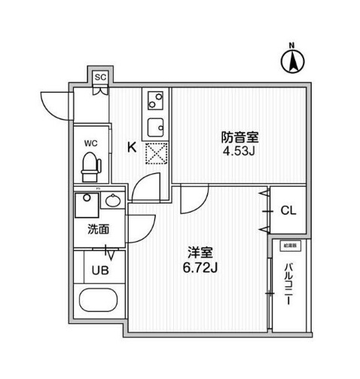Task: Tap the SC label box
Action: [99, 75]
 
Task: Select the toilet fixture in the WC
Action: [90, 165]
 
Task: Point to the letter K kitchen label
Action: [132, 148]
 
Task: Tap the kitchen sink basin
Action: [155, 125]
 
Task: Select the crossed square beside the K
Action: [154, 153]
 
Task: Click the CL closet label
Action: [288, 210]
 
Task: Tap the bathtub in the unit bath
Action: [98, 301]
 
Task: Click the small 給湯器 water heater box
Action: [290, 246]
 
